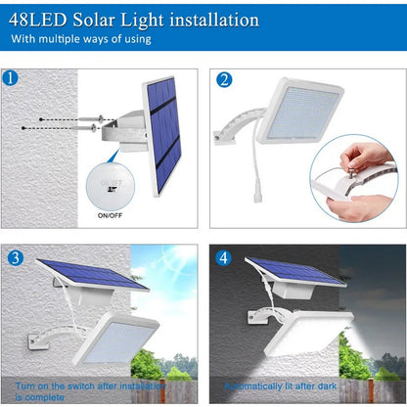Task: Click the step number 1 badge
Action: (11, 79)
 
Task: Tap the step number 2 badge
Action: (224, 80)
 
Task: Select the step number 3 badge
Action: (14, 258)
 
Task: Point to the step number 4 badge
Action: (224, 259)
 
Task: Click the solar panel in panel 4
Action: (293, 271)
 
